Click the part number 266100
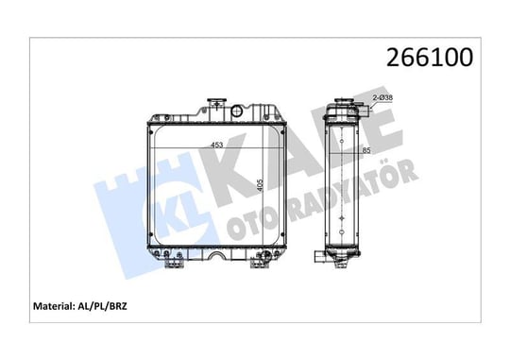click(430, 58)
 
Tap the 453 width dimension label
click(217, 145)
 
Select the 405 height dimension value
click(260, 185)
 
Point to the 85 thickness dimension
click(366, 150)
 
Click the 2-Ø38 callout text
click(382, 97)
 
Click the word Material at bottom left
click(54, 306)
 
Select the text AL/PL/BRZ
click(102, 306)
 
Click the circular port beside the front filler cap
click(237, 111)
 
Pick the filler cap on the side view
click(342, 100)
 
